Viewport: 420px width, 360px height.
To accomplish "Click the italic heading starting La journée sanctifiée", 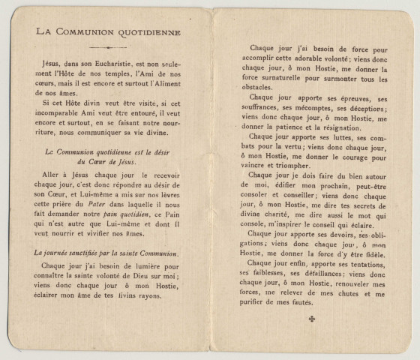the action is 102,253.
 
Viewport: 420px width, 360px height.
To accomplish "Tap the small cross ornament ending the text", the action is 311,319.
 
